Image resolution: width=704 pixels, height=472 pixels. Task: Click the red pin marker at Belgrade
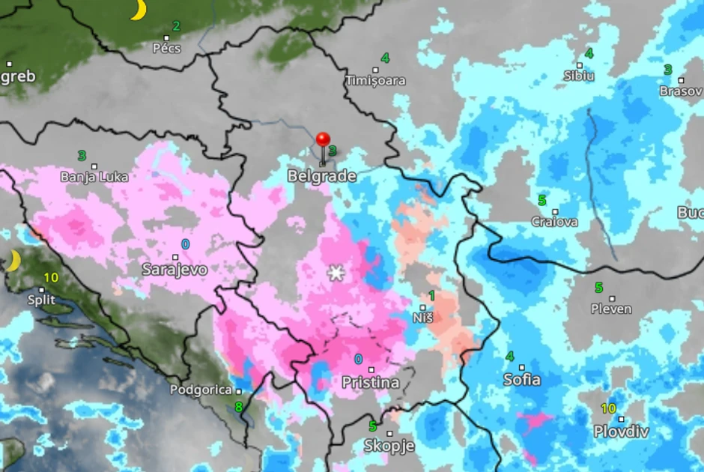click(x=323, y=142)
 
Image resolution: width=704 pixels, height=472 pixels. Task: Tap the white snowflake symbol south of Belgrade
click(x=336, y=273)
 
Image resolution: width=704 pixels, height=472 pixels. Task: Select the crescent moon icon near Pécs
click(x=138, y=10)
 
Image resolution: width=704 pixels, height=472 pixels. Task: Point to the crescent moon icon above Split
click(x=13, y=261)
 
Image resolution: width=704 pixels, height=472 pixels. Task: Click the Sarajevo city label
click(x=175, y=269)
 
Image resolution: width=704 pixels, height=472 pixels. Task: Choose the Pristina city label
click(x=370, y=382)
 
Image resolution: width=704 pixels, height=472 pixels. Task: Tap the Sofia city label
click(x=522, y=379)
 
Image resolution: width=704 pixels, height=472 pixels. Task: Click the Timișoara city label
click(x=375, y=80)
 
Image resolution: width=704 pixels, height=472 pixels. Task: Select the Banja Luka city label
click(x=94, y=177)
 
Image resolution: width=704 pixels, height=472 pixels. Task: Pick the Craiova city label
click(x=554, y=222)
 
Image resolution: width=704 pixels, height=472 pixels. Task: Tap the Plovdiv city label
click(x=621, y=431)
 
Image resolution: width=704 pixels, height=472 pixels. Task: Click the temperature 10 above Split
click(x=51, y=278)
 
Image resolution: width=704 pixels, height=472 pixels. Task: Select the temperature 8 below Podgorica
click(x=239, y=407)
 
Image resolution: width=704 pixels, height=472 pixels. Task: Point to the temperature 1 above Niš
click(x=431, y=296)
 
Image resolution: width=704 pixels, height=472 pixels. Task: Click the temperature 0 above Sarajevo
click(x=185, y=244)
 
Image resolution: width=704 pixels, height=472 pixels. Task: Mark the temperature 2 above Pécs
click(x=176, y=26)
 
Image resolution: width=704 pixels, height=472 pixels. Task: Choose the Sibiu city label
click(x=579, y=76)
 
